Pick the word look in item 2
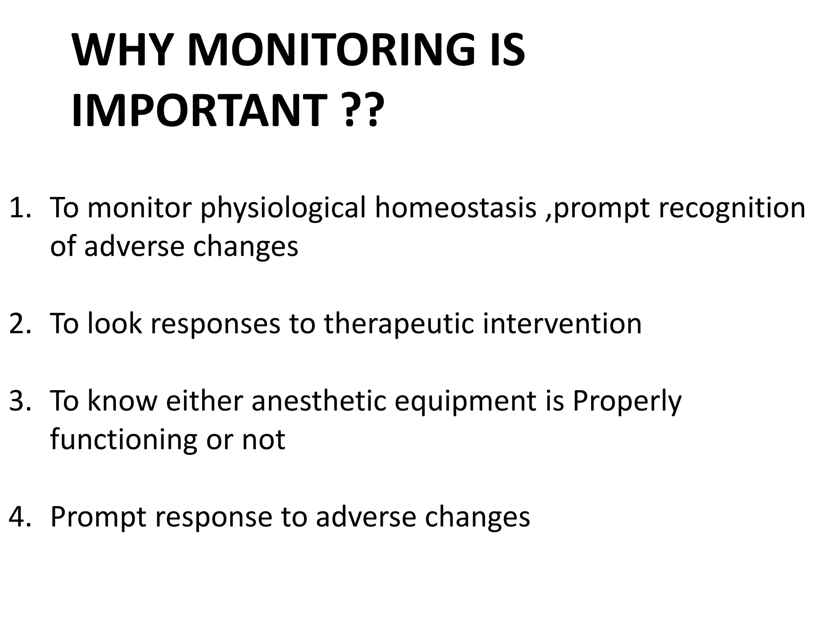pyautogui.click(x=114, y=323)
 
